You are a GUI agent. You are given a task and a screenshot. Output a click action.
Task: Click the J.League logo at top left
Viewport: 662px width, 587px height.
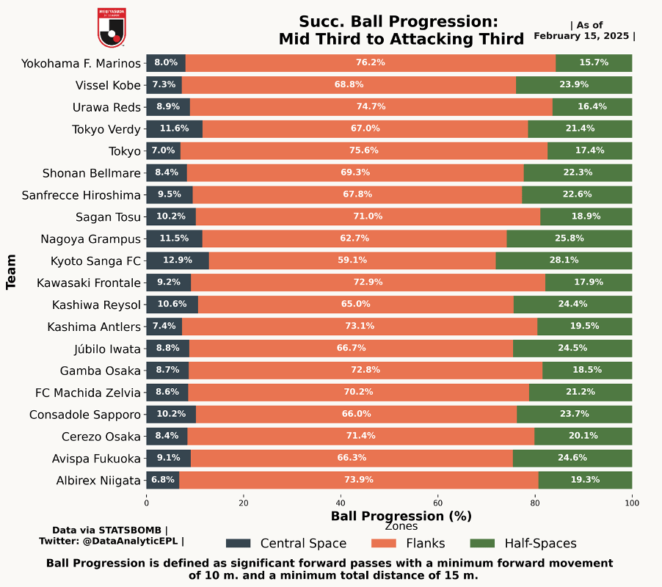(112, 27)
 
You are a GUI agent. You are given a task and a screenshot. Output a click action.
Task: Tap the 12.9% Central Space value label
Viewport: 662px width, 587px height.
(177, 260)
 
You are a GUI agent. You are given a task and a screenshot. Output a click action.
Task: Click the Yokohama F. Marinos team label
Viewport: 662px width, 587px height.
(81, 63)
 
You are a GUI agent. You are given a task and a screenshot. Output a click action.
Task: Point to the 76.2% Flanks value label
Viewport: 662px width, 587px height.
(371, 63)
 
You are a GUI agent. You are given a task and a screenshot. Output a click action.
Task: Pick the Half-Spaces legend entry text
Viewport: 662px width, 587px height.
(540, 544)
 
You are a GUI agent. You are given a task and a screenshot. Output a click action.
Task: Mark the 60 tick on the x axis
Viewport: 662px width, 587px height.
(438, 503)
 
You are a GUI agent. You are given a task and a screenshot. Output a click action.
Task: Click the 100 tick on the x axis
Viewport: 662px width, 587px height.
(632, 503)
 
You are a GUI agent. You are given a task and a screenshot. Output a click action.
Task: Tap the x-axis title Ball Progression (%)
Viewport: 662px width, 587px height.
(401, 516)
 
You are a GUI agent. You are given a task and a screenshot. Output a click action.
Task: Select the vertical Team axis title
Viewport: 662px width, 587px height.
(12, 271)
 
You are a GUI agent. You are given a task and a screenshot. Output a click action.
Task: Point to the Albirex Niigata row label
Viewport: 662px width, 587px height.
(98, 481)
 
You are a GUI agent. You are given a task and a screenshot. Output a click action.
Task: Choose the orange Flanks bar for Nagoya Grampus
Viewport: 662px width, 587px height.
(354, 238)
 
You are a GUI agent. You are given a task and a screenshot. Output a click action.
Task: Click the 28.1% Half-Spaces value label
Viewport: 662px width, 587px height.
(564, 260)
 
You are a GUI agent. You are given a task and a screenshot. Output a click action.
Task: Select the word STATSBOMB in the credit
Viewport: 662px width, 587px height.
(131, 530)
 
